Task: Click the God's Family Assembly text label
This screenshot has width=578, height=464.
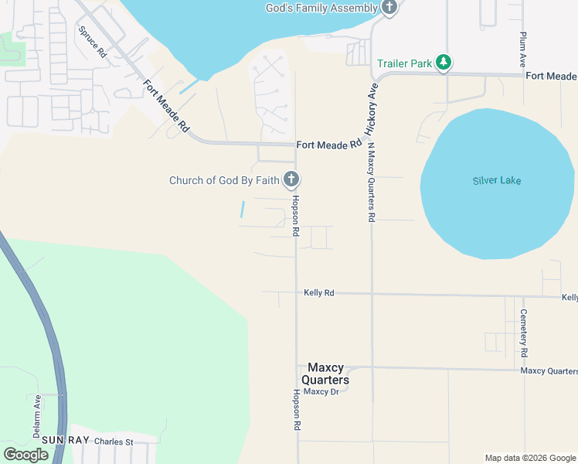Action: click(321, 8)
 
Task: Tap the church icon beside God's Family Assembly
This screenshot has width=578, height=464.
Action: click(389, 9)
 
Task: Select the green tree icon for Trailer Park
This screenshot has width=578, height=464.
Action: click(444, 63)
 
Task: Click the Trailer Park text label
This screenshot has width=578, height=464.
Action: click(404, 63)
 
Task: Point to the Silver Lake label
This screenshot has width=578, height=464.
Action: click(497, 181)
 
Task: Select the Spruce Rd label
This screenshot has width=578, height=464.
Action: click(92, 42)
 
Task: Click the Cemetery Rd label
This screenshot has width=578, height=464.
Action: click(524, 333)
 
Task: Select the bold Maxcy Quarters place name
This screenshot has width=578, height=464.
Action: click(328, 374)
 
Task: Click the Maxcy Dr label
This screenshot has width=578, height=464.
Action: click(321, 391)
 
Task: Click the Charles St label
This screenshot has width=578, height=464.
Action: click(114, 442)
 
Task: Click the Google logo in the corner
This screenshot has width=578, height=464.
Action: click(25, 455)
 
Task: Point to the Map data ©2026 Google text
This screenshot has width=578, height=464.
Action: click(529, 458)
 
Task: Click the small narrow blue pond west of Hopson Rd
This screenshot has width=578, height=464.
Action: click(243, 209)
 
